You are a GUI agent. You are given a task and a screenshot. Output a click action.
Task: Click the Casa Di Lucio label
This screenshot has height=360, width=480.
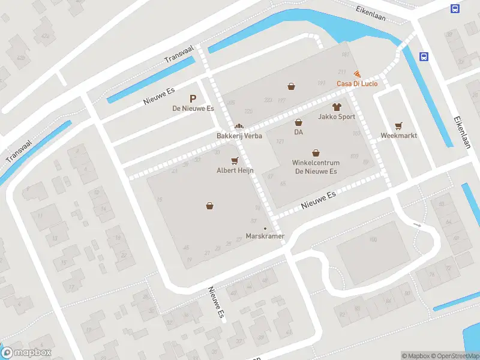(x=356, y=83)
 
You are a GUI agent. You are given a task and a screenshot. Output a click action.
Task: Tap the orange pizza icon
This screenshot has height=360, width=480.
(x=358, y=73)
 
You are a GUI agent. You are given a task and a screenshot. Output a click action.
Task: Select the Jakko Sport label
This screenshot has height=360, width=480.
(x=336, y=117)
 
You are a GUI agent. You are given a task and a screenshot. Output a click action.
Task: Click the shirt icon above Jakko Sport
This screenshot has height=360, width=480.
(x=336, y=107)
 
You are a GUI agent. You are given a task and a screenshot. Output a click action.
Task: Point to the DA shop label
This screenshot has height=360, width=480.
(x=298, y=132)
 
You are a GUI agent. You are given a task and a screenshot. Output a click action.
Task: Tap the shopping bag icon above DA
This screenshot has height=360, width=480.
(x=298, y=122)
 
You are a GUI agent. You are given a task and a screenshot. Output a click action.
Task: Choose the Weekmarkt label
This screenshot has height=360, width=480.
(x=398, y=136)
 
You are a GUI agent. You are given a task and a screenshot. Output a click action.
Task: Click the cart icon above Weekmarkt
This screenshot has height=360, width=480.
(x=398, y=125)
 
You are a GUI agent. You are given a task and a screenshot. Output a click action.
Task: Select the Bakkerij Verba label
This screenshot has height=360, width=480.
(x=239, y=136)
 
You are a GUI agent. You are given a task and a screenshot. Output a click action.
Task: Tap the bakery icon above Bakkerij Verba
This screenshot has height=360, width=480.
(x=239, y=127)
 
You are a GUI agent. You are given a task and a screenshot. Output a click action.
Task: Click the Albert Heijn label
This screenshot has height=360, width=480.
(x=235, y=170)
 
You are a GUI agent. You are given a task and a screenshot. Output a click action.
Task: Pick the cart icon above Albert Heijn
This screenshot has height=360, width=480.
(x=235, y=160)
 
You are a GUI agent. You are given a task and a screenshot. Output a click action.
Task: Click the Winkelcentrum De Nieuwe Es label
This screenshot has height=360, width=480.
(x=316, y=167)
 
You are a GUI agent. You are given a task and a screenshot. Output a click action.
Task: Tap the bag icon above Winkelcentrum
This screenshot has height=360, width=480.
(x=316, y=153)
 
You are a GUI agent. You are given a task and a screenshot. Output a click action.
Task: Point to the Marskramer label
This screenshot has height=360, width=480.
(x=265, y=236)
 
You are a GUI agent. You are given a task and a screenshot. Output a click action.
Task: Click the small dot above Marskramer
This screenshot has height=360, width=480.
(x=265, y=228)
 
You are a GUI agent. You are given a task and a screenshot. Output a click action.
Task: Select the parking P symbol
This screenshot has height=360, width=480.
(x=193, y=98)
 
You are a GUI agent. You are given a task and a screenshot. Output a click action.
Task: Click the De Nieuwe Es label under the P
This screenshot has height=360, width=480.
(x=193, y=109)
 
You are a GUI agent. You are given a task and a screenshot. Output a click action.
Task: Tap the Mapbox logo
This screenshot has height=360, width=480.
(x=26, y=353)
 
